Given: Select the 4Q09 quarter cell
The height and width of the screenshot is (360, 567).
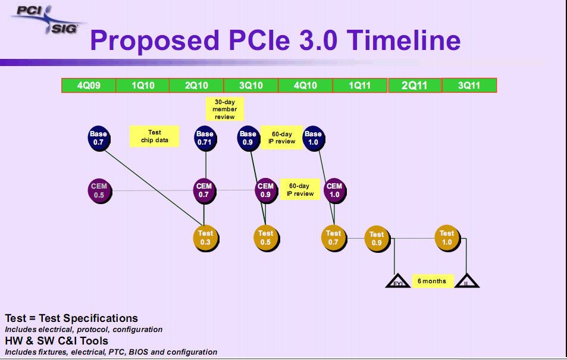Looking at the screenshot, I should tap(89, 86).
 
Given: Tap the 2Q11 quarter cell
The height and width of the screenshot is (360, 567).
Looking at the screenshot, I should tap(414, 86).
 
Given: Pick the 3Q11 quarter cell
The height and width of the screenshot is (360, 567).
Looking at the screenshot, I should tap(469, 86).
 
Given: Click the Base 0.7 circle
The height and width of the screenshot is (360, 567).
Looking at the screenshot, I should tap(98, 138).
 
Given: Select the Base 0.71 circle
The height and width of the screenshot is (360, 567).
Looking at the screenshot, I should tap(205, 138).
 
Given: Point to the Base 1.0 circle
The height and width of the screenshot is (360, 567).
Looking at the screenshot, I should tap(313, 138).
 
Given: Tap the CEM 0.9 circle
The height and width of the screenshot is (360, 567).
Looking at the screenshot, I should tap(265, 190).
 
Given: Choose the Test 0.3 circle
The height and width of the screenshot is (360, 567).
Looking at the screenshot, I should tap(205, 237).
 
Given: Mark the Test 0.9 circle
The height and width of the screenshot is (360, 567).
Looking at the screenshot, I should tap(377, 238).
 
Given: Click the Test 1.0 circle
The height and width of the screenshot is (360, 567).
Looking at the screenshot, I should tap(447, 237).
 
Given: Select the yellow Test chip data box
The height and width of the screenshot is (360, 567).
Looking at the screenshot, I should tap(154, 137).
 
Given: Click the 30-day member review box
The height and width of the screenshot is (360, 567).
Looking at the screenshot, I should tap(224, 109).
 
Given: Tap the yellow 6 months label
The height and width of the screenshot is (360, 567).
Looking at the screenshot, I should tap(432, 281).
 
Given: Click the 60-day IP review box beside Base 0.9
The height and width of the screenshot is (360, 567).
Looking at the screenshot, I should tap(281, 137).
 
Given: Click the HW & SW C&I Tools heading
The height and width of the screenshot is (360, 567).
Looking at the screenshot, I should tap(57, 340).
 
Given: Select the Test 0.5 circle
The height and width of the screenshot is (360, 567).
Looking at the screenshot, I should tap(266, 237).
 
